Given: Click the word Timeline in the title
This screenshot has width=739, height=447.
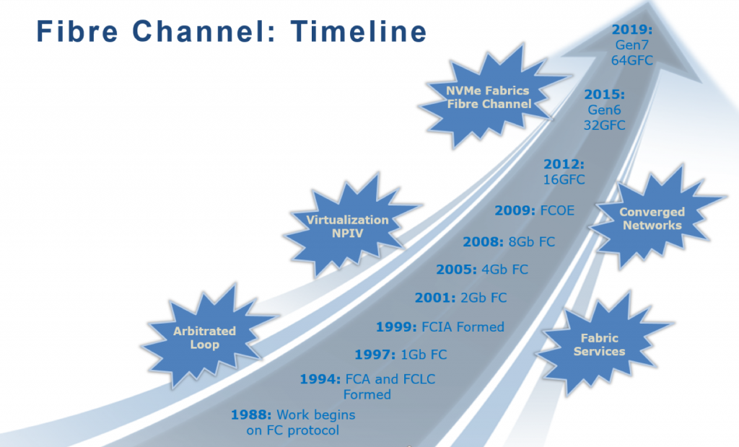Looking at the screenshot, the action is (359, 32).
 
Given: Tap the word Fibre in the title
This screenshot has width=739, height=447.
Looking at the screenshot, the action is (77, 32).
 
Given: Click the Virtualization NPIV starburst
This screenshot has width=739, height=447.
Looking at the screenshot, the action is (348, 226).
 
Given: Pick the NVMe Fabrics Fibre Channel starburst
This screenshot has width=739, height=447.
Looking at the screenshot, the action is (490, 97).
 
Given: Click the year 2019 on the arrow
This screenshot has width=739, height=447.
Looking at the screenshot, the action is (632, 30).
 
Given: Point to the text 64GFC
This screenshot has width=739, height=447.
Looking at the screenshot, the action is (632, 61).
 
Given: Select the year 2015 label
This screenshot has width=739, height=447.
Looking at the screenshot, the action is (605, 94).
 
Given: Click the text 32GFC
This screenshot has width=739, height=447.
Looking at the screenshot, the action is (605, 125).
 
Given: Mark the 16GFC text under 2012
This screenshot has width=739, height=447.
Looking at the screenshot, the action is (564, 180).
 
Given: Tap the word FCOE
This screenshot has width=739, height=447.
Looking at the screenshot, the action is (558, 211).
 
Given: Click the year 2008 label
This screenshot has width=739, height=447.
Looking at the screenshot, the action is (483, 242).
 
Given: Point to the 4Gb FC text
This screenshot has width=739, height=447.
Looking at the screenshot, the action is (504, 270).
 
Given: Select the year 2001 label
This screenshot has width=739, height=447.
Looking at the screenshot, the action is (435, 298).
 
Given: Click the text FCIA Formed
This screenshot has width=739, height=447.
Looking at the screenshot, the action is (463, 327).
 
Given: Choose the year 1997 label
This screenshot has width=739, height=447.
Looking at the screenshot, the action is (375, 355).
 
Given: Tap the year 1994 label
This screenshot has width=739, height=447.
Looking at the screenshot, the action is (320, 379).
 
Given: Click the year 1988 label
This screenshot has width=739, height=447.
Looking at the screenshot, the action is (251, 415).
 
